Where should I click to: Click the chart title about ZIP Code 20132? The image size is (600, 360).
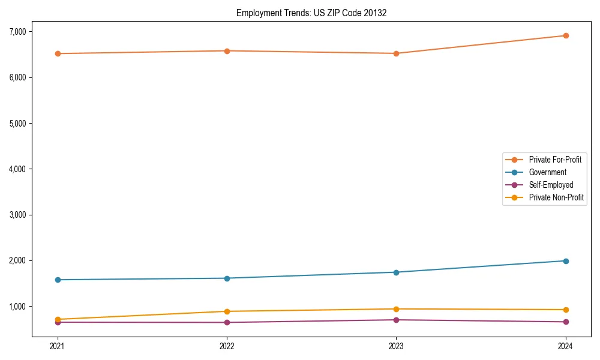point(311,13)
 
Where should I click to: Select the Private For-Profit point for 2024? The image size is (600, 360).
point(566,35)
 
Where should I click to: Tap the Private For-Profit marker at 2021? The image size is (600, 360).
point(58,53)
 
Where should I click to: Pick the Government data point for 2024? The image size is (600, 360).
point(566,261)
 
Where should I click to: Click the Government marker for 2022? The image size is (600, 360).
point(227,278)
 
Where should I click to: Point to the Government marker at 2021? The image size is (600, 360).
point(58,280)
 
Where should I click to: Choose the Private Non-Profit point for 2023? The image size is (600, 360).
point(397,309)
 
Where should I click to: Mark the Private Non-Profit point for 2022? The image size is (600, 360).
point(227,311)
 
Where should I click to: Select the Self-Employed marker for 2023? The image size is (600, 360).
point(397,320)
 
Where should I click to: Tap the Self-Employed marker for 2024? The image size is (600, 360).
point(566,322)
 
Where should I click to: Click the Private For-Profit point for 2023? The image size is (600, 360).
point(397,53)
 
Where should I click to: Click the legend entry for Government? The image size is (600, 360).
point(547,172)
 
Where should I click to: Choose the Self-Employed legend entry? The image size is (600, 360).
point(551,185)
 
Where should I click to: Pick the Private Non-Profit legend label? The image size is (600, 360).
point(556,197)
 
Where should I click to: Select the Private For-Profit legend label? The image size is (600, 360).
point(555,160)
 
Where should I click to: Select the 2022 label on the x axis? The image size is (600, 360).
point(227,346)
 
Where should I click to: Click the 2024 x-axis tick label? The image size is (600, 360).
point(566,346)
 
